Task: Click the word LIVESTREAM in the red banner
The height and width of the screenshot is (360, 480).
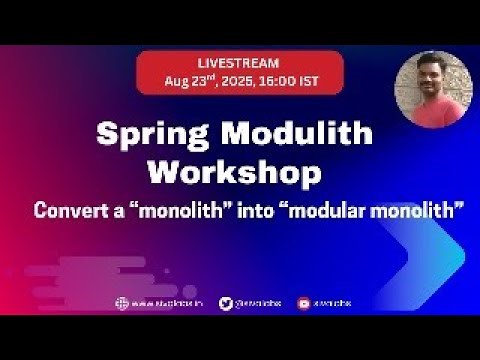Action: pos(239,63)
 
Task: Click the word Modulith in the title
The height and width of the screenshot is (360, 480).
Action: pos(300,134)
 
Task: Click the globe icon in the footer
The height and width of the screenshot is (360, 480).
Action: pos(123,304)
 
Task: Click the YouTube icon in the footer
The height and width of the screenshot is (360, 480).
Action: pos(303,304)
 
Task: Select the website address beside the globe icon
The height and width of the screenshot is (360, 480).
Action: pos(164,304)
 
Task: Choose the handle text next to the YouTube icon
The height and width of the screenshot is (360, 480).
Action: pos(334,304)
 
